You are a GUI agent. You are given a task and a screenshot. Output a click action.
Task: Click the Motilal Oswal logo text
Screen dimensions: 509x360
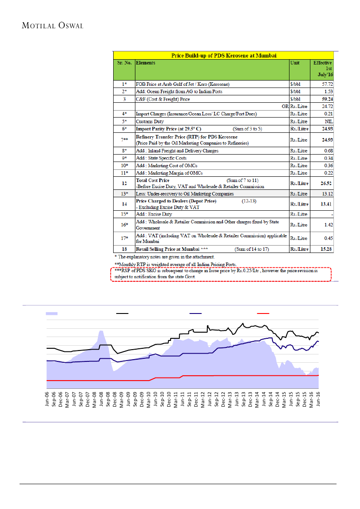coord(52,25)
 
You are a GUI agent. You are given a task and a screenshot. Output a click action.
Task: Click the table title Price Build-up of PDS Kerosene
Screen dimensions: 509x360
coord(224,55)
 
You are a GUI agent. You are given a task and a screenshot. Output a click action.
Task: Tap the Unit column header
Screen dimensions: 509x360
coord(295,63)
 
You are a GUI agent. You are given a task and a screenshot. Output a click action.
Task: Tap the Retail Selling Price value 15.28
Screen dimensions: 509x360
coord(326,249)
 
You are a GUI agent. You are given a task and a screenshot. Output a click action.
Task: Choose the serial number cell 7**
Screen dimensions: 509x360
coord(124,140)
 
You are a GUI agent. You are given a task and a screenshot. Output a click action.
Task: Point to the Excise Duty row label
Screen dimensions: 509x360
coord(154,214)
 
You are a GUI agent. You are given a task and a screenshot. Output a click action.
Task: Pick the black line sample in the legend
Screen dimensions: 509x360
coord(121,313)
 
